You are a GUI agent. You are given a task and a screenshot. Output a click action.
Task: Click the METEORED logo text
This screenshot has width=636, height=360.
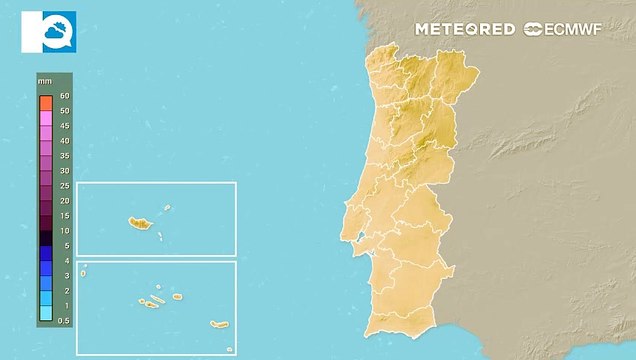[x=465, y=29]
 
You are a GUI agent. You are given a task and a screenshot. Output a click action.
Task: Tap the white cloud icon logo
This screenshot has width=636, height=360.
[x=48, y=31]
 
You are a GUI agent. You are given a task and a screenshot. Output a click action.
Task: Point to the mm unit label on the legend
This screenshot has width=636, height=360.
[x=44, y=79]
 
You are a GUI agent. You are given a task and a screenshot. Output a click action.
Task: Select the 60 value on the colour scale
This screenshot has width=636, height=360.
[x=64, y=95]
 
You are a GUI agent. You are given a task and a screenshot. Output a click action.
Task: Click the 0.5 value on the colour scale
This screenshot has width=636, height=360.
[x=64, y=319]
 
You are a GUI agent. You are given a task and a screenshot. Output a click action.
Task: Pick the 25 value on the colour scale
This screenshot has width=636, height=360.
[x=64, y=185]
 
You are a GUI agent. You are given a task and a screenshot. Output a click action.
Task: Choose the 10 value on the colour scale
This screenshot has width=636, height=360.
[x=64, y=230]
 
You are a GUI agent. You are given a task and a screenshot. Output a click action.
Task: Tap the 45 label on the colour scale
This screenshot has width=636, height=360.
[x=64, y=125]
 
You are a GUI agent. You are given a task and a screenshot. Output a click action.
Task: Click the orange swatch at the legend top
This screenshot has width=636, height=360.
[x=46, y=102]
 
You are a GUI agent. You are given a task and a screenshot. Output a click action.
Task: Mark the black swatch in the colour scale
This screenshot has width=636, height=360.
[x=46, y=238]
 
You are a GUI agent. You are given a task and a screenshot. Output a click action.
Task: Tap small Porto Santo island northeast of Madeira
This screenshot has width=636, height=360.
[x=167, y=208]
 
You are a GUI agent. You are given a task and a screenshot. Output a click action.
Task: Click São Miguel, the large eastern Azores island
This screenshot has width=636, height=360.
[x=219, y=323]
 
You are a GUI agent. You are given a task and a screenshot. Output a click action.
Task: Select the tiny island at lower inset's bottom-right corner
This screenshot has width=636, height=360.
[x=229, y=349]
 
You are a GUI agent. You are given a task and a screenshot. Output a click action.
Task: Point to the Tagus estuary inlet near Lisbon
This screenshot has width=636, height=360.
[x=357, y=237]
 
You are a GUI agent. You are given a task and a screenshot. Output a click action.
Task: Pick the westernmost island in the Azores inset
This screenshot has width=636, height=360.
[x=84, y=271]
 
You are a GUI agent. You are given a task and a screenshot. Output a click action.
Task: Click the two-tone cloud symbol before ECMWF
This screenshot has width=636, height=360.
[x=532, y=29]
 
